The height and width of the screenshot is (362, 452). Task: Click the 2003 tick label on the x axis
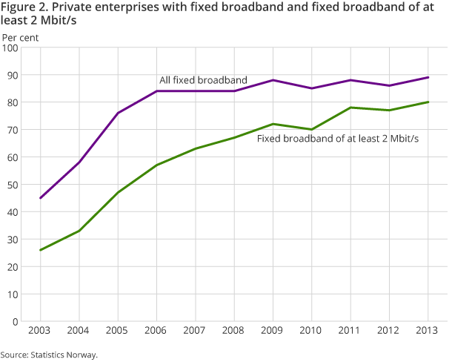click(x=41, y=329)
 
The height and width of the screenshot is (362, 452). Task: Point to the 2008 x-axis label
click(x=234, y=329)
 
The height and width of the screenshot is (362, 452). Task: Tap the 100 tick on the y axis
click(x=11, y=48)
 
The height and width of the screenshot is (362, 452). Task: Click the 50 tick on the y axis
click(x=13, y=185)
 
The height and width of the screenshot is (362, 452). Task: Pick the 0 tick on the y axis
click(x=16, y=321)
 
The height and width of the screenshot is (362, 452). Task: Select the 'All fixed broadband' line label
click(x=203, y=80)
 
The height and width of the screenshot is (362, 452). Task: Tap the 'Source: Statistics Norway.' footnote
click(x=49, y=355)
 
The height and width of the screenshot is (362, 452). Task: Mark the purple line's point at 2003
click(x=41, y=198)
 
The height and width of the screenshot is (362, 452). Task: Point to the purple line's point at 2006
click(x=157, y=92)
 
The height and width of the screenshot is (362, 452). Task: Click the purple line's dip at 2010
click(x=312, y=89)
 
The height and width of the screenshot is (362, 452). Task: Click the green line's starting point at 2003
click(x=41, y=250)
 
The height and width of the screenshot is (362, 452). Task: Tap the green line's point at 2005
click(x=119, y=193)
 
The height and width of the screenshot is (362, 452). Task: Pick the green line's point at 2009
click(x=273, y=125)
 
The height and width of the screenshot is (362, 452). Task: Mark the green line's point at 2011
click(x=350, y=108)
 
